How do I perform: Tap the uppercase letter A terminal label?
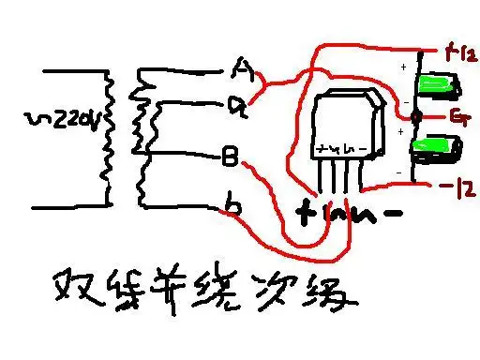tap(242, 68)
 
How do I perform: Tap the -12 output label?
tap(455, 187)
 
